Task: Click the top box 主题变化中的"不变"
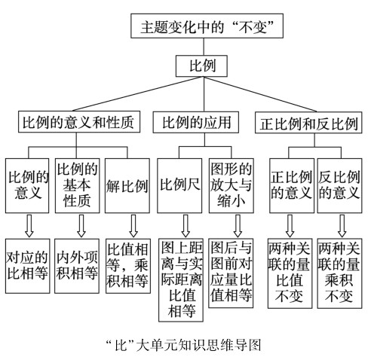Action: click(x=207, y=26)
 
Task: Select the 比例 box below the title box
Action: click(x=201, y=66)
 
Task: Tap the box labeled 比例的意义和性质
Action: click(x=79, y=122)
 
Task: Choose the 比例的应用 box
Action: click(x=196, y=122)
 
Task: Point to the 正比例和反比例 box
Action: click(x=308, y=123)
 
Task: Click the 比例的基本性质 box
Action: click(x=78, y=186)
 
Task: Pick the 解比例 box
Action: click(x=127, y=186)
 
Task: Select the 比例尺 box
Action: click(x=179, y=186)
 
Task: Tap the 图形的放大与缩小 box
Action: click(x=231, y=186)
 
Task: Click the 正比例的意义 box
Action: click(x=292, y=186)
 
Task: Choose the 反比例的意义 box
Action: click(x=340, y=186)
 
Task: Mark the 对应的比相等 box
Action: click(x=28, y=266)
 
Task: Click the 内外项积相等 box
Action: click(x=77, y=266)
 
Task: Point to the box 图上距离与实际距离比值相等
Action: click(x=181, y=280)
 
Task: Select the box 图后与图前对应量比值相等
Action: click(x=231, y=273)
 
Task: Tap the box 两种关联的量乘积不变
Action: click(x=339, y=273)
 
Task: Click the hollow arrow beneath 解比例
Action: click(x=133, y=226)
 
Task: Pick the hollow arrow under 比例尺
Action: click(x=185, y=226)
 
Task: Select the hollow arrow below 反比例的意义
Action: click(x=342, y=226)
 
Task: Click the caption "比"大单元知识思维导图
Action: click(x=183, y=345)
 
